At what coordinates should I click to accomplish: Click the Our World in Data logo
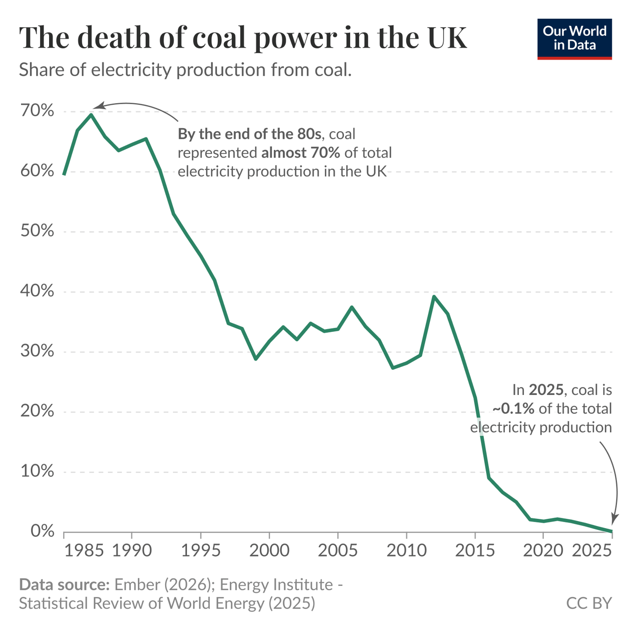(x=574, y=39)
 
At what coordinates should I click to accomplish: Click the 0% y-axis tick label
(x=42, y=531)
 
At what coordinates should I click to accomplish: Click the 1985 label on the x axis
(x=84, y=551)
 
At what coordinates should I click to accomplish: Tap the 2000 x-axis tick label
(x=269, y=551)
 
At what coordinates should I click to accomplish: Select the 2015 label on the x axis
(x=474, y=551)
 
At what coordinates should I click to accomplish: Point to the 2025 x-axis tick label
(x=592, y=551)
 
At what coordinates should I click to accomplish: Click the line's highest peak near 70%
(x=91, y=115)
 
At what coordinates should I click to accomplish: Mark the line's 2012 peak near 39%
(x=434, y=296)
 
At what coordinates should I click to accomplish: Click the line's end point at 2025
(x=611, y=531)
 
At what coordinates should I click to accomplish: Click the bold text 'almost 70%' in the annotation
(x=301, y=153)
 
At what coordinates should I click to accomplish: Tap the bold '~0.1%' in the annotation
(x=513, y=409)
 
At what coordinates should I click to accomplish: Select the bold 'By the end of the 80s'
(x=250, y=134)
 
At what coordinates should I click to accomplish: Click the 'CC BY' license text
(x=588, y=603)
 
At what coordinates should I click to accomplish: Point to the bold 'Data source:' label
(x=64, y=585)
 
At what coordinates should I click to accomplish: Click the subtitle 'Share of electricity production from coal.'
(x=185, y=70)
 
